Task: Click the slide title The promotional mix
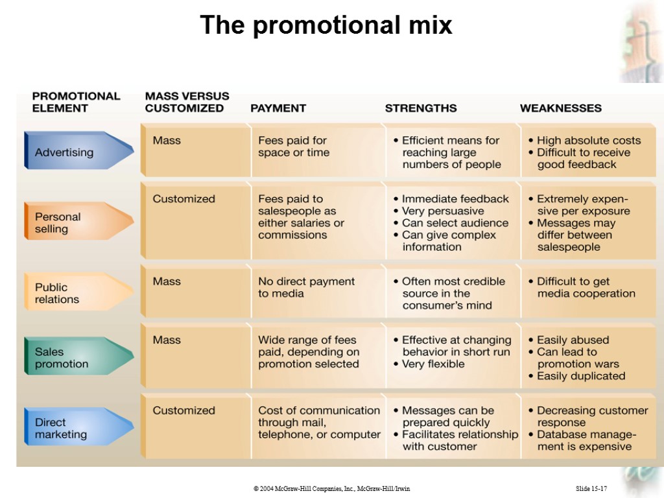click(326, 25)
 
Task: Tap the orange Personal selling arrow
click(71, 223)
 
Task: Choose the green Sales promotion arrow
click(71, 358)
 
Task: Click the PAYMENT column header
click(278, 108)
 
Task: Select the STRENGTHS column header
click(421, 108)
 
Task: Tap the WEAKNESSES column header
click(561, 108)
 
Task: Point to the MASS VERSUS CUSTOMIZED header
click(187, 102)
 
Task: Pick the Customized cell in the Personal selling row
click(184, 199)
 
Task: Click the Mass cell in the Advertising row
click(167, 141)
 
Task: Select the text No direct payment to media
click(306, 287)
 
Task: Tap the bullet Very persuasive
click(442, 211)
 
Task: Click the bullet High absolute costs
click(588, 141)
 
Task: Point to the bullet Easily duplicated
click(581, 376)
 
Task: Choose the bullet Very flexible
click(433, 364)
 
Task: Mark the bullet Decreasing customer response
click(592, 416)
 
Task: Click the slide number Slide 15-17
click(591, 488)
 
